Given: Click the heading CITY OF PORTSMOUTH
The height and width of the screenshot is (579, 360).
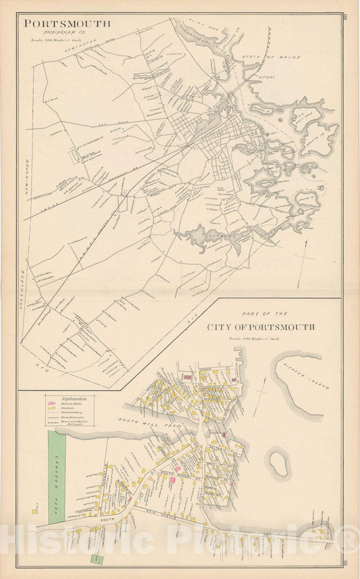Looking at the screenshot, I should [261, 327].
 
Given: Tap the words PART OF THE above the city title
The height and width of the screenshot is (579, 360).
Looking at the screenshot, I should [261, 314].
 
